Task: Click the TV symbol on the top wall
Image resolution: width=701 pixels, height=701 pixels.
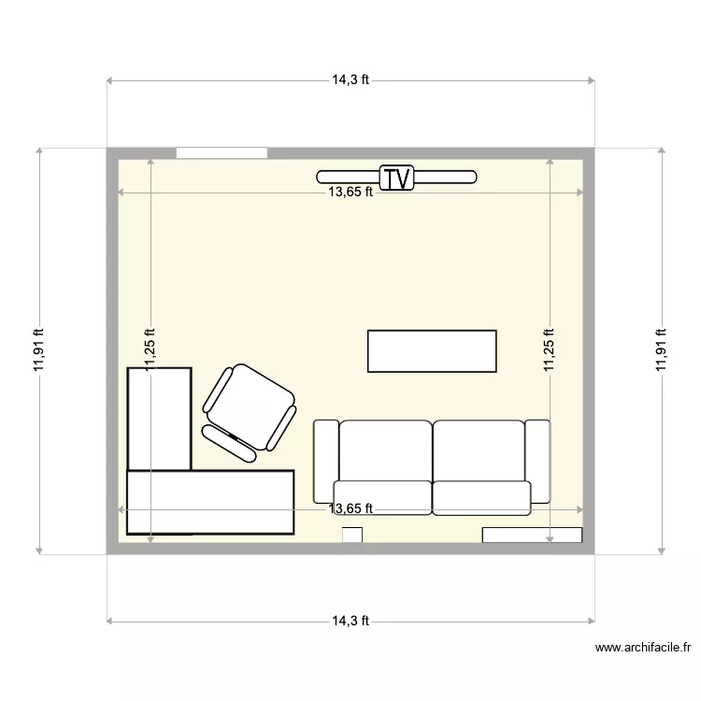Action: pos(397,178)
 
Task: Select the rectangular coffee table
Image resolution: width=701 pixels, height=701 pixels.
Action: pos(432,350)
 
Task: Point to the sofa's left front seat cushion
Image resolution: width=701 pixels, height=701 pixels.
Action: pos(382,497)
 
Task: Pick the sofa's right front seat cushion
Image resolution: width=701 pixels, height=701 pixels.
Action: pos(481,497)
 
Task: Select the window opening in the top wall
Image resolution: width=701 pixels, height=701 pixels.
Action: pos(222,152)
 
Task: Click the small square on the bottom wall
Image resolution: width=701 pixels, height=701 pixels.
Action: pos(352,535)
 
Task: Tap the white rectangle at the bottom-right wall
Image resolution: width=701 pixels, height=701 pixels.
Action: pos(532,535)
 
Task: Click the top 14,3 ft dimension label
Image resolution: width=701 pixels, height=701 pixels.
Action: pos(350,80)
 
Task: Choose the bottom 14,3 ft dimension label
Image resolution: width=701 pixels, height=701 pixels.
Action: pos(350,620)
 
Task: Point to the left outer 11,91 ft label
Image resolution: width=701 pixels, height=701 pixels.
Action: pos(38,350)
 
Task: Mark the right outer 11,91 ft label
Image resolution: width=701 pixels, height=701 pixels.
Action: pos(661,350)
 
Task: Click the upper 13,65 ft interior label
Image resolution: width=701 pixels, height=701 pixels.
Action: pos(350,193)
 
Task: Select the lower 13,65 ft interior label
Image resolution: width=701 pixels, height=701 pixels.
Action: pos(350,508)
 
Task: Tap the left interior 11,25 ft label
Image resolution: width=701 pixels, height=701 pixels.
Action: pos(150,350)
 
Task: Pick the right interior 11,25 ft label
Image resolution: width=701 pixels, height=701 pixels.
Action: pos(550,350)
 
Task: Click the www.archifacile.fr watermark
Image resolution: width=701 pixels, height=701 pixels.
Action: pos(642,647)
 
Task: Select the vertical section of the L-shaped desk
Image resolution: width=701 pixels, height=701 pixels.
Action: pos(160,418)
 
